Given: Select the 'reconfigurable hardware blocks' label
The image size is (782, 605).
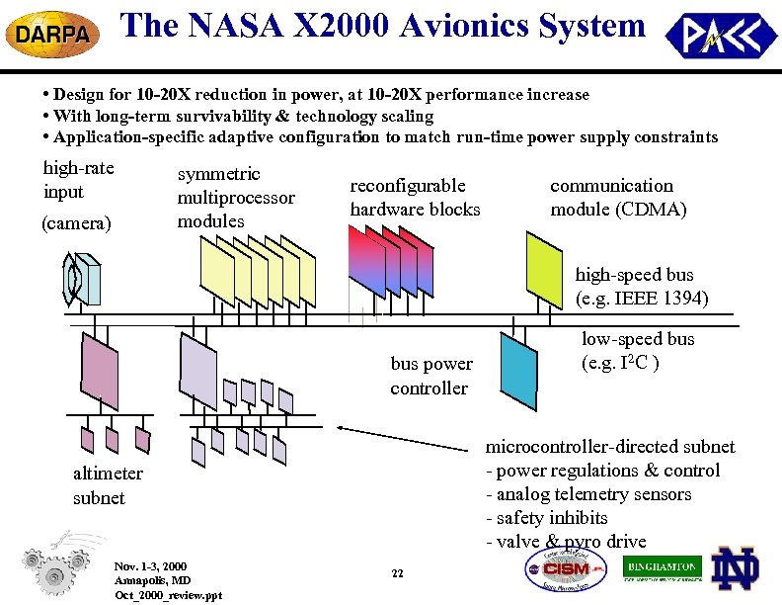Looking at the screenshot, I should click(x=415, y=198).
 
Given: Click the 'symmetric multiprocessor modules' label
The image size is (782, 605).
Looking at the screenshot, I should click(x=236, y=198).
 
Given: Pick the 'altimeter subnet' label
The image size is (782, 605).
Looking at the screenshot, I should click(x=108, y=485).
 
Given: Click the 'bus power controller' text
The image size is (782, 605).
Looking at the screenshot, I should click(x=430, y=376).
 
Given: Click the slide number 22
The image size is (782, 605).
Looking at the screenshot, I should click(x=397, y=573).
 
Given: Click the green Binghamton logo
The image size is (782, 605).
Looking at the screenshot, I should click(x=663, y=568).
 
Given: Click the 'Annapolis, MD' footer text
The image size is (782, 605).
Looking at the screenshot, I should click(x=152, y=580).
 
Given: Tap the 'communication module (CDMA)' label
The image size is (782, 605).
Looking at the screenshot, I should click(x=617, y=198).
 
